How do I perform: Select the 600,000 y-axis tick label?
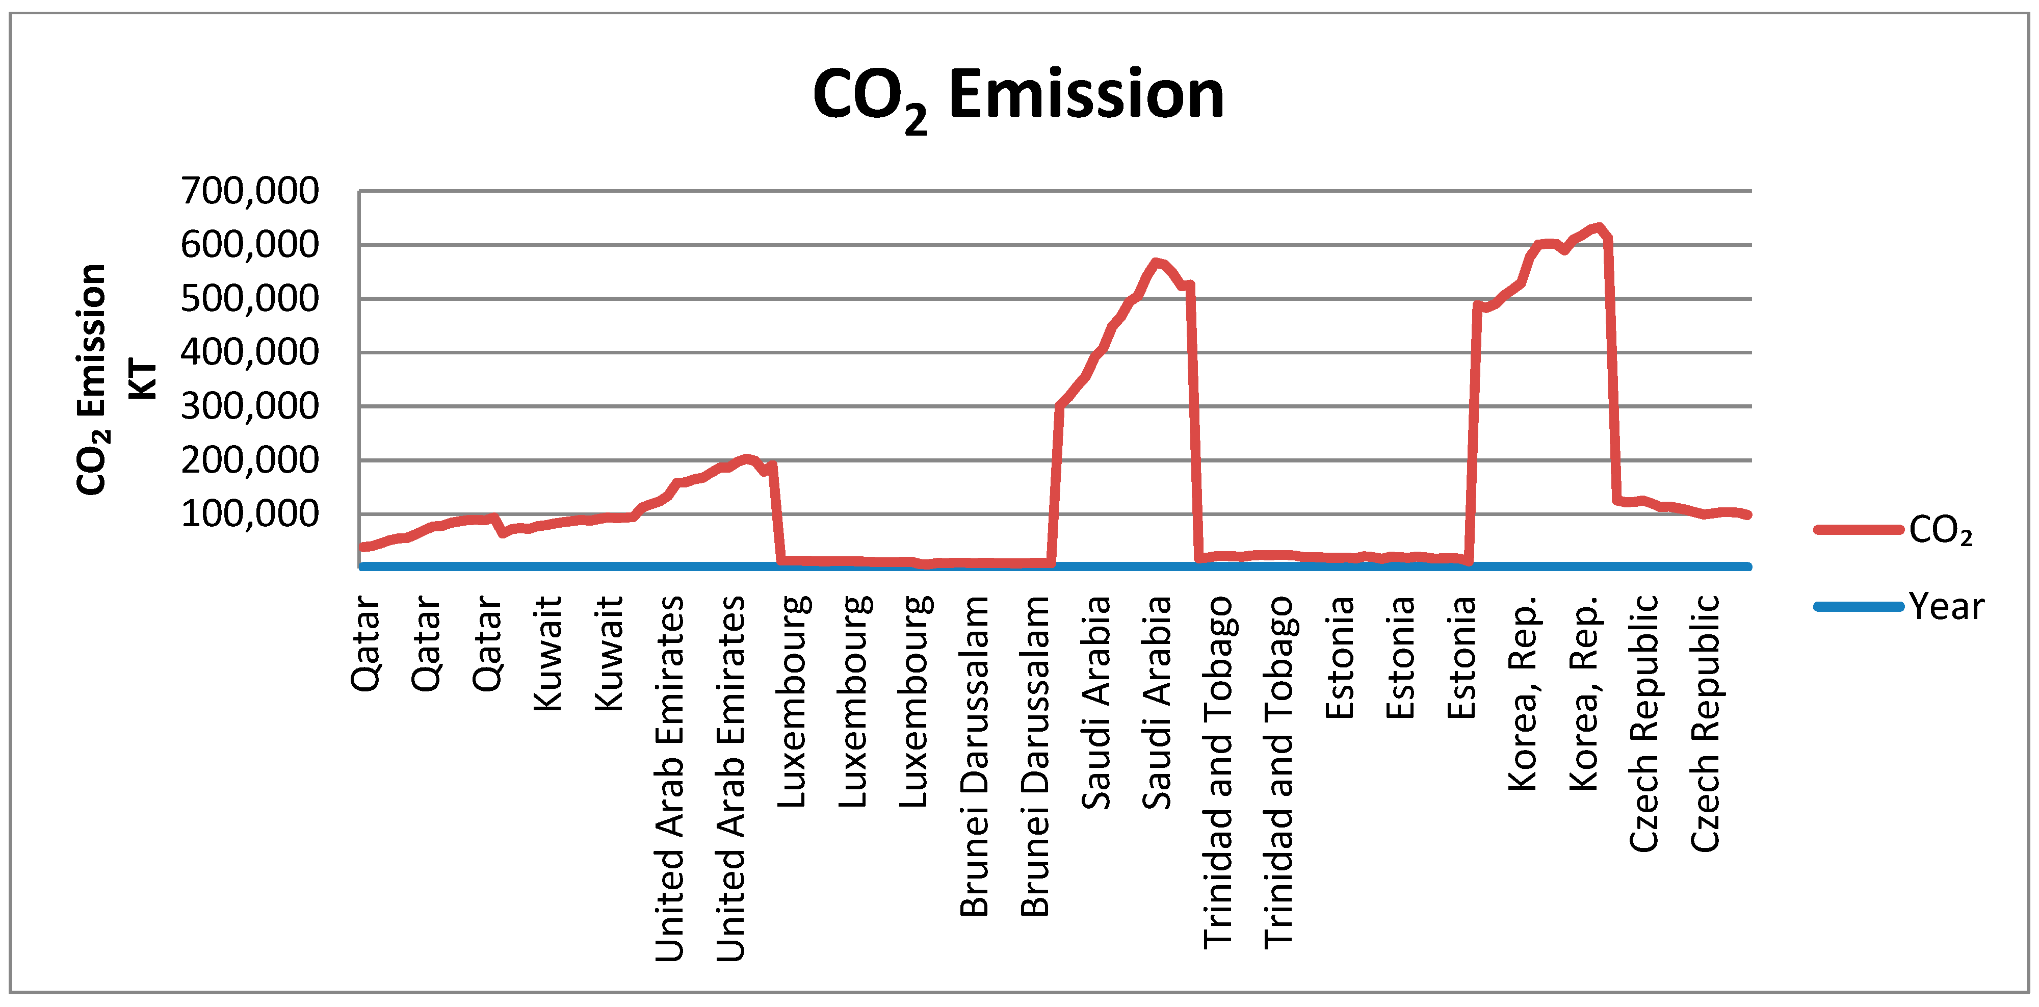(x=249, y=245)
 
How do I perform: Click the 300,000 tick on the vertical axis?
(x=249, y=406)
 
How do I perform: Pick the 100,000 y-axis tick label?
(x=249, y=514)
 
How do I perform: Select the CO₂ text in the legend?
(x=1940, y=530)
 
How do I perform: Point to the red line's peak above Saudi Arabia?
(x=1157, y=262)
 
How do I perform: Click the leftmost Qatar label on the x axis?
(x=365, y=643)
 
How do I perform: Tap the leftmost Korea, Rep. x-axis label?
(x=1522, y=693)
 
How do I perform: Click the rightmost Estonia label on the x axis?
(x=1461, y=657)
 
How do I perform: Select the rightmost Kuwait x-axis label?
(x=609, y=653)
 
